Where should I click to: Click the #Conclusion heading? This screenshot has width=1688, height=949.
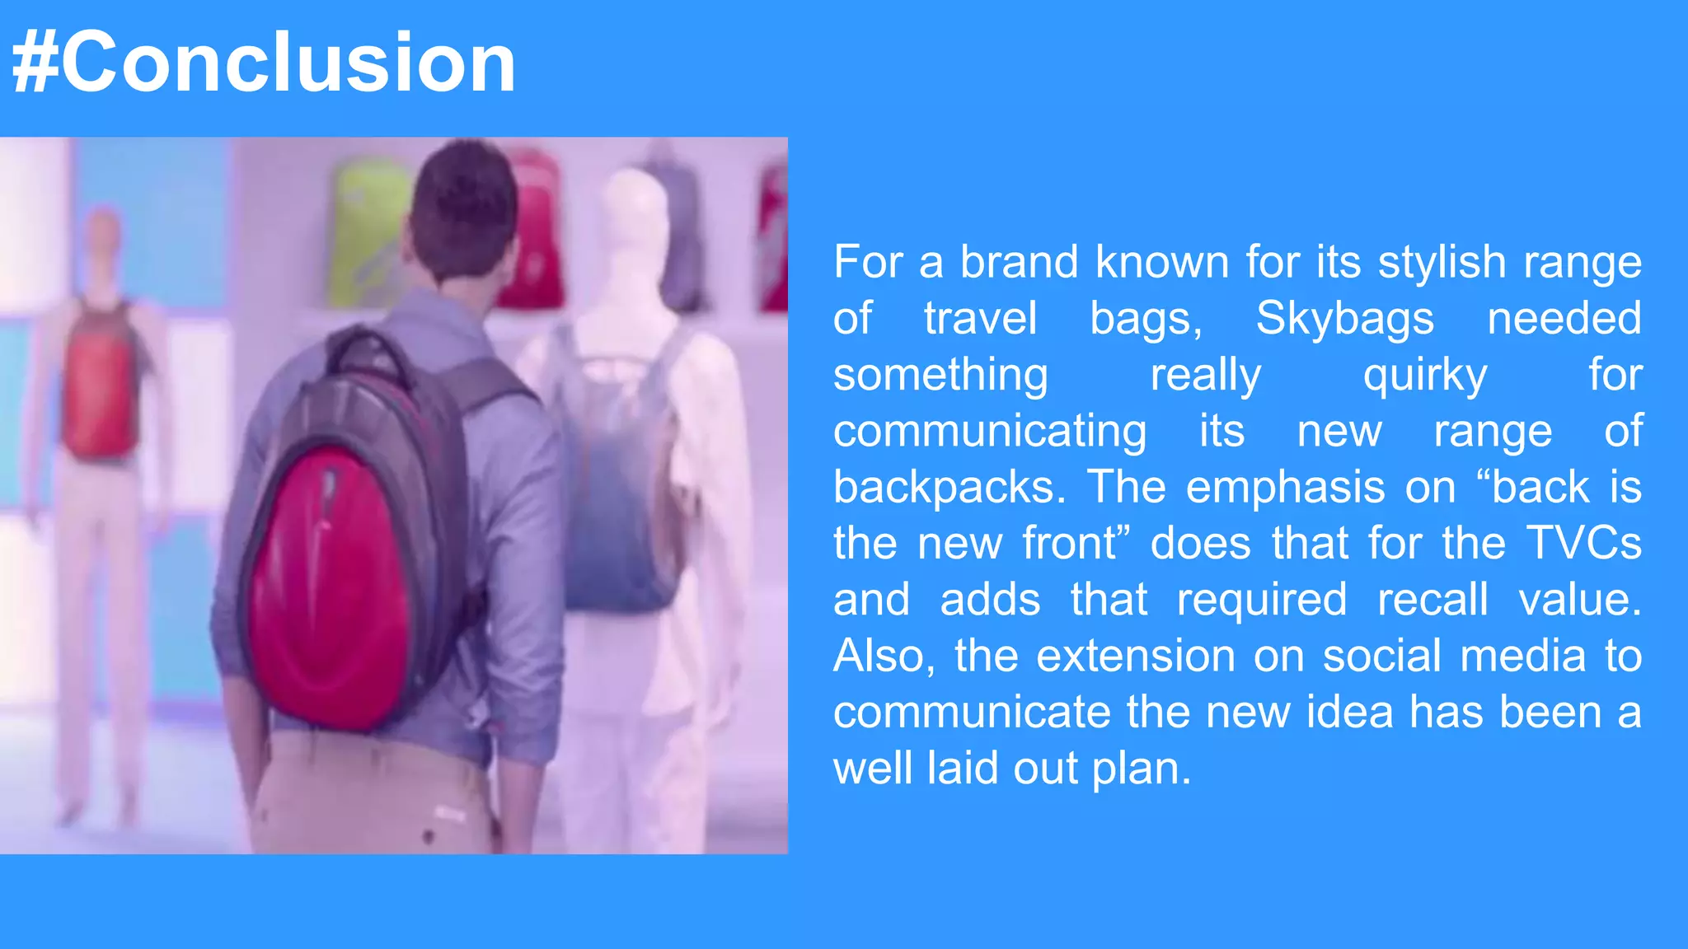coord(264,63)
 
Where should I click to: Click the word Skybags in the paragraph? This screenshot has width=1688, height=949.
coord(1344,318)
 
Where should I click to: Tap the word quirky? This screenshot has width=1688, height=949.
coord(1424,375)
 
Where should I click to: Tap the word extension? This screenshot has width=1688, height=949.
coord(1135,656)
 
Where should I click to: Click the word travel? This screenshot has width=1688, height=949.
coord(979,318)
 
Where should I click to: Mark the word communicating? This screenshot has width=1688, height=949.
coord(989,431)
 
